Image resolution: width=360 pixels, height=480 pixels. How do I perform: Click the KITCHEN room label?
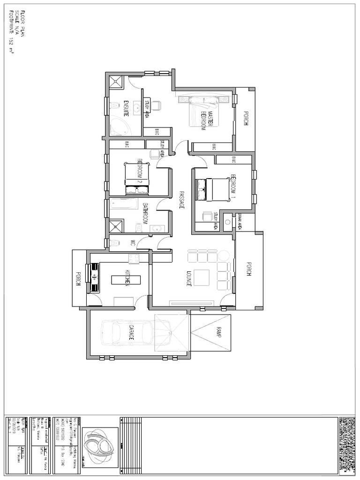(x=127, y=278)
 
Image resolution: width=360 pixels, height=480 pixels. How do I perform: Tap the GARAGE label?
(x=132, y=332)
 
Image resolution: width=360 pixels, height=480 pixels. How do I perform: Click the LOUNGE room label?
(x=188, y=278)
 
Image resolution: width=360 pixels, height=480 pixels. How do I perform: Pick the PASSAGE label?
(x=181, y=200)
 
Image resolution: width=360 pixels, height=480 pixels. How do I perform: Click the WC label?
(x=133, y=243)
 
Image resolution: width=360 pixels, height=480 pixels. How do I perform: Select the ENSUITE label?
(x=126, y=109)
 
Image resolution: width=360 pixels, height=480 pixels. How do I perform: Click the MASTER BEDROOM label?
(x=207, y=121)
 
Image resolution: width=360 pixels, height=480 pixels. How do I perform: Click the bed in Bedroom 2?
(x=136, y=179)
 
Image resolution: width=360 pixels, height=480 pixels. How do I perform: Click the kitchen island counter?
(x=126, y=279)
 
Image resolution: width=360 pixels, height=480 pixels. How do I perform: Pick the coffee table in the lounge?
(x=202, y=277)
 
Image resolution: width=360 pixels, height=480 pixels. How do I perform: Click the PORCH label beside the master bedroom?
(x=245, y=119)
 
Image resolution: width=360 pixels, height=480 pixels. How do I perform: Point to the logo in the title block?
(x=99, y=441)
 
